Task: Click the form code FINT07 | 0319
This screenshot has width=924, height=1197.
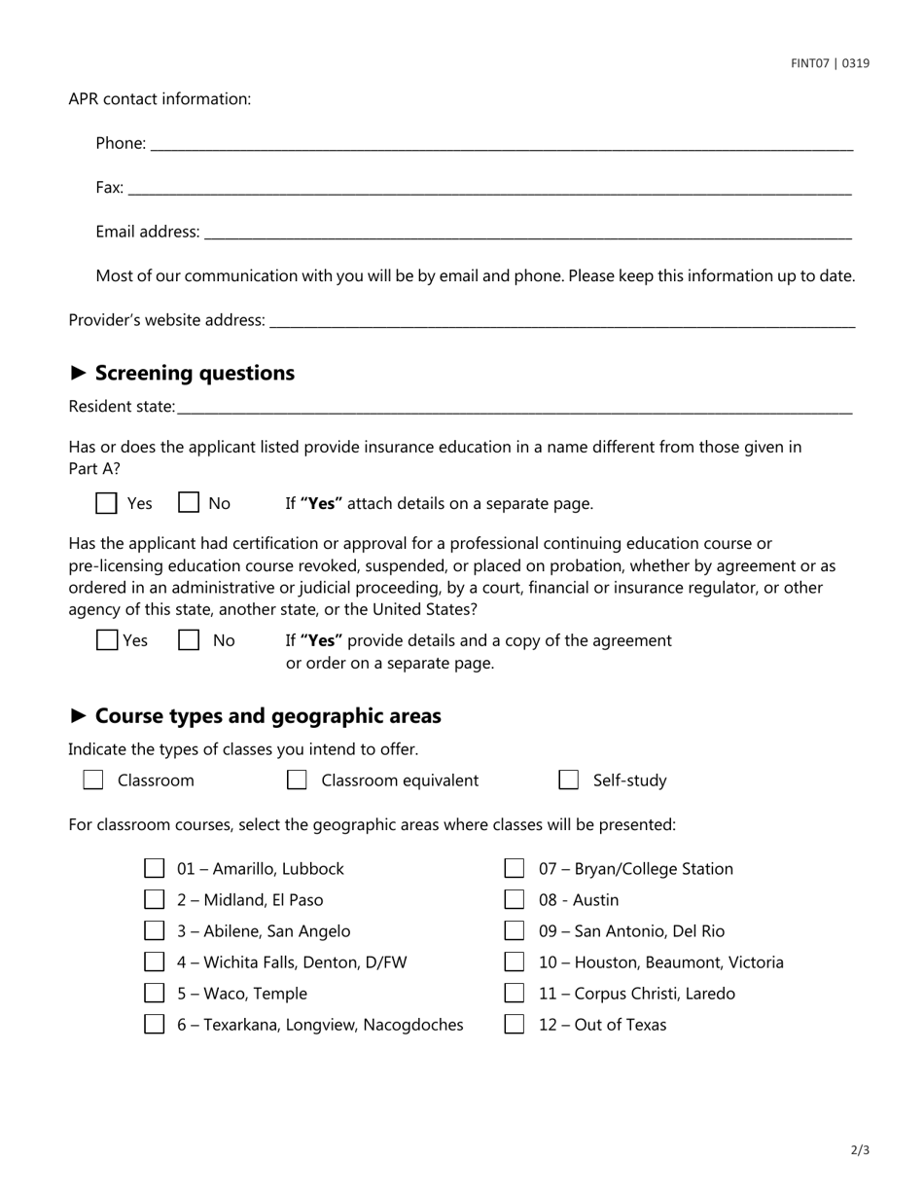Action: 830,63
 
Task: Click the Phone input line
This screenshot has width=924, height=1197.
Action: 501,143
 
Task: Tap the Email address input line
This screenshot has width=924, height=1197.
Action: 527,232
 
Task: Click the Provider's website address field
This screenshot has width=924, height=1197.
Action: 561,320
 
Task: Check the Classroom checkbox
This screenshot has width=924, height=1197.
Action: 93,780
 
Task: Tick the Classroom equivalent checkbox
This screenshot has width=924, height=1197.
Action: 297,780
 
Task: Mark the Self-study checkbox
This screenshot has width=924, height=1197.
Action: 569,780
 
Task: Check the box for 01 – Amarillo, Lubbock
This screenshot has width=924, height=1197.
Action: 155,868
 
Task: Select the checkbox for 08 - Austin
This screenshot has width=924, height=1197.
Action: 515,900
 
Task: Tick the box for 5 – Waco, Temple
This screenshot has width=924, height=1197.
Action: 155,994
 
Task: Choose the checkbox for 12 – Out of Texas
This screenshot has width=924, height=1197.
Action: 515,1025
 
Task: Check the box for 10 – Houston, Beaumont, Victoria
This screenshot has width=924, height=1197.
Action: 515,962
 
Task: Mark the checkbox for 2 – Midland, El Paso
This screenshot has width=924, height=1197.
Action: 155,900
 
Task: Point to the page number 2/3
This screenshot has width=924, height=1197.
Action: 860,1150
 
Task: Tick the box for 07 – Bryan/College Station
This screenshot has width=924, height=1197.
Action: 515,868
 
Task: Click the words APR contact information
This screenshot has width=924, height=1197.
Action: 160,99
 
